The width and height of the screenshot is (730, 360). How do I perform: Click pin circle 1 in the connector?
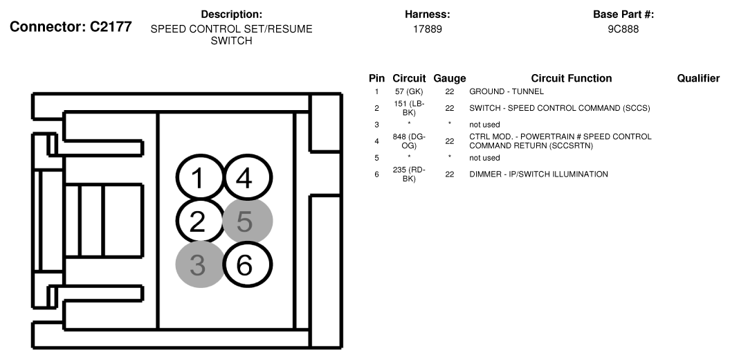coord(200,178)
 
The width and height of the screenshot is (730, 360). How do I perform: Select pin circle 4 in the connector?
coord(247,178)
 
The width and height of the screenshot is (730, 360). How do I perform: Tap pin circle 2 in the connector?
coord(200,222)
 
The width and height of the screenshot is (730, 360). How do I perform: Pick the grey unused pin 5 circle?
coord(247,221)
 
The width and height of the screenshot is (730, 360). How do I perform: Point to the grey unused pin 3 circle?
coord(200,264)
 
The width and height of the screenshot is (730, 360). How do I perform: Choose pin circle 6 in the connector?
coord(247,264)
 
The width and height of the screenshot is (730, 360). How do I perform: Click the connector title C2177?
coord(71,27)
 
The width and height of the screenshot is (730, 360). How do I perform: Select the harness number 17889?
coord(428,29)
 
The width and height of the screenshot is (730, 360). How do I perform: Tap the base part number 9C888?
coord(623,29)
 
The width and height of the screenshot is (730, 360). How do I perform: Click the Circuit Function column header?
coord(572,78)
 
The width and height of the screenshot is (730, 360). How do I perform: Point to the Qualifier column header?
coord(698,78)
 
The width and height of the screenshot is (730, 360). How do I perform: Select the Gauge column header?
coord(449,78)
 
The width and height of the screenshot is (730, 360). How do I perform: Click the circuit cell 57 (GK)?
coord(409,92)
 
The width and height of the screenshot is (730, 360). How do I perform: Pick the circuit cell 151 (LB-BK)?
coord(409,108)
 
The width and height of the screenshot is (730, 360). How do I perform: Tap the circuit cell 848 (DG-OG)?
coord(409,141)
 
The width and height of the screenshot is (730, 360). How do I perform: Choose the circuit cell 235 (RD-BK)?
coord(409,174)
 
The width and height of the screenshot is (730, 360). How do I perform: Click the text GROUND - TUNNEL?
coord(507,92)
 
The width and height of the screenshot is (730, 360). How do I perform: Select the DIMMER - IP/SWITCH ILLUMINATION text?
coord(538,174)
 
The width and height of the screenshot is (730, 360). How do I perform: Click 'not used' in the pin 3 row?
coord(484,125)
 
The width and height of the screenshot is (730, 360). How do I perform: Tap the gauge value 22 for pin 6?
coord(449,174)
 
